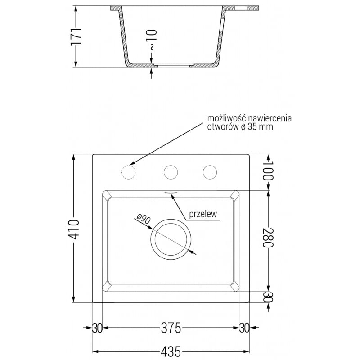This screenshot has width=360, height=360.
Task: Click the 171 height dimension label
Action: click(x=76, y=36)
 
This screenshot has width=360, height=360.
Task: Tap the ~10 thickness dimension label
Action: click(x=152, y=40)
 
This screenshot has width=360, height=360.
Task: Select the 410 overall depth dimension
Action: click(x=74, y=229)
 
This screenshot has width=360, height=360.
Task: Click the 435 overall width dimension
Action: click(x=171, y=351)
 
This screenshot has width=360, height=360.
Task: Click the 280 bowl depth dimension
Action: click(x=268, y=238)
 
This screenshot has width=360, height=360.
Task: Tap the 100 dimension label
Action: click(x=268, y=171)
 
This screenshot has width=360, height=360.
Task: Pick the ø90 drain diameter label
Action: click(x=144, y=219)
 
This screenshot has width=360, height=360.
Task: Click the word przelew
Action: click(x=203, y=214)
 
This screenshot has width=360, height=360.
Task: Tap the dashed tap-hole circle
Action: click(x=128, y=172)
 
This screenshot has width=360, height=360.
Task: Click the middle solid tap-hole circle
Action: click(x=171, y=172)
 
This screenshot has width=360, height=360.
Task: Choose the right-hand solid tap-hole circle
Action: click(x=210, y=172)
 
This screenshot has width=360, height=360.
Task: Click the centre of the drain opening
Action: click(x=171, y=239)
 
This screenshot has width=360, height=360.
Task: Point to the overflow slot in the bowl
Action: click(x=171, y=193)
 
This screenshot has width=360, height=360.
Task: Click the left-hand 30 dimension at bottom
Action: click(x=97, y=328)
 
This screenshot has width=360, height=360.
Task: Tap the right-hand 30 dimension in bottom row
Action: click(x=244, y=328)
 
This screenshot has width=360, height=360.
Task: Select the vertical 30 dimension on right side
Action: click(x=268, y=297)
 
